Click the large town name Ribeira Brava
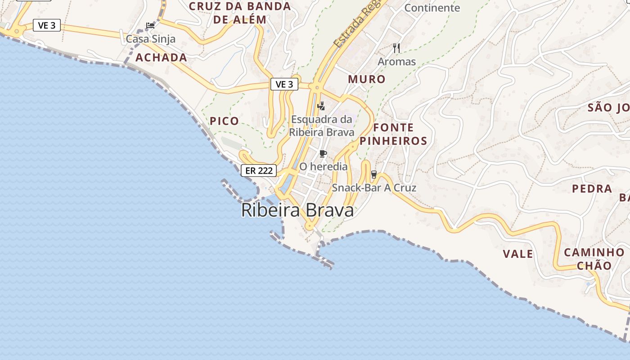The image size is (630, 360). point(297,210)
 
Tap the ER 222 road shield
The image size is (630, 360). point(259,171)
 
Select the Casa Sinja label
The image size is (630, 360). point(150,39)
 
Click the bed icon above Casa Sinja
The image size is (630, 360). point(150,25)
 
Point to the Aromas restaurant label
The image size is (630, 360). point(396,61)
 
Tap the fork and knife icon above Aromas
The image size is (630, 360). point(396,48)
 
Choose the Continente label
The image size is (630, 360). point(432,8)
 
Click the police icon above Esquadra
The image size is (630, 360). point(321,106)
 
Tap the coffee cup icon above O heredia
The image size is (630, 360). point(323,154)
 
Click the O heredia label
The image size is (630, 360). point(324,166)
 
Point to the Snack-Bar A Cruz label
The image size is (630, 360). point(374,188)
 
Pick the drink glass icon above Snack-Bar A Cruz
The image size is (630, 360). point(373,175)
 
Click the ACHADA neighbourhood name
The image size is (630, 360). point(161,58)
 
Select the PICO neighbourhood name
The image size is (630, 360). point(224,121)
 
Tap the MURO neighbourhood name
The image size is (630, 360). point(367,79)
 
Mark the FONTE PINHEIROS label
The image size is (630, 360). point(393,134)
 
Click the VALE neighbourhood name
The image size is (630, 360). point(518,254)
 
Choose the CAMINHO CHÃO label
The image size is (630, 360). point(594,259)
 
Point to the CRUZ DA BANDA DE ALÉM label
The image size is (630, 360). point(240,13)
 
